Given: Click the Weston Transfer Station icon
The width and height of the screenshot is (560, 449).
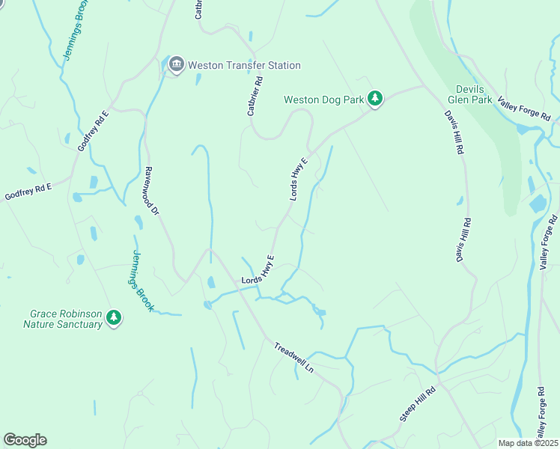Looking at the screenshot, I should point(177,65).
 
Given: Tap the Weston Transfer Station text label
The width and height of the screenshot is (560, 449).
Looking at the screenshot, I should point(244,65).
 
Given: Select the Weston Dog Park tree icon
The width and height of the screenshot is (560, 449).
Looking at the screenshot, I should point(374,99).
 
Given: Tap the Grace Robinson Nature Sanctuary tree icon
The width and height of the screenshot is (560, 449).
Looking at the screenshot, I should point(113,318).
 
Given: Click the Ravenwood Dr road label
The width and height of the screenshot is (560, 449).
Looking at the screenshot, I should point(152,191).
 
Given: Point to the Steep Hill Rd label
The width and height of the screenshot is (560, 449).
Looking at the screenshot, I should point(417,405).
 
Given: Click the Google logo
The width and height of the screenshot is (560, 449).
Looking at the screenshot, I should point(25,440).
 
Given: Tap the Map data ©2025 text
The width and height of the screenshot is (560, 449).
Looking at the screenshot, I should point(528,443).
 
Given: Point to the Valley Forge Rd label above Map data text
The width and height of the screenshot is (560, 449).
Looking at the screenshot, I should point(541,411).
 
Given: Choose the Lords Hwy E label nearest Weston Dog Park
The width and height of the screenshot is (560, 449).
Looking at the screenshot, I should point(299,178).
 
